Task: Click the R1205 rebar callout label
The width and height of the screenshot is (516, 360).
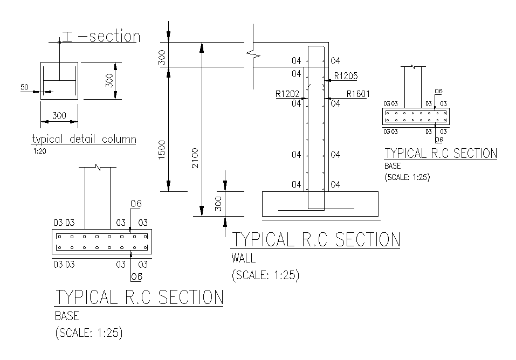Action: point(346,76)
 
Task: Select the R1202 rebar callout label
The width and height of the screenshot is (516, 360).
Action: point(287,94)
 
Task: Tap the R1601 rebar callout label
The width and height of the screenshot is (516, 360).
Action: point(358,94)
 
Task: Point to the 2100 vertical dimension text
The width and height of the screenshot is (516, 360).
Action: point(195,158)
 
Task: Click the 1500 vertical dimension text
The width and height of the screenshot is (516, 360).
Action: point(162,150)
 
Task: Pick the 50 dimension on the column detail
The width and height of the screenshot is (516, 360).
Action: point(24,87)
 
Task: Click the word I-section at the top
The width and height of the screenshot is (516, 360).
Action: point(101,36)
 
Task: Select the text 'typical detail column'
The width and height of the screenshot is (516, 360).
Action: point(84,139)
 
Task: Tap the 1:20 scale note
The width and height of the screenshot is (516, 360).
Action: point(39,151)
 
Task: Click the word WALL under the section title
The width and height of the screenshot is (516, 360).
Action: point(244,258)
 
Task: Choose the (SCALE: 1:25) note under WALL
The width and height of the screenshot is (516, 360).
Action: point(266,275)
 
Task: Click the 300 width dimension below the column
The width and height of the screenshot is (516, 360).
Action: point(59,116)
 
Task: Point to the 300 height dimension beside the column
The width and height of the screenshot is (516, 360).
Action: point(109,80)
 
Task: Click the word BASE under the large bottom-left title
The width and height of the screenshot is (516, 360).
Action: point(67,316)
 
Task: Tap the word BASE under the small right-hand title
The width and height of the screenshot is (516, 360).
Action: point(393,166)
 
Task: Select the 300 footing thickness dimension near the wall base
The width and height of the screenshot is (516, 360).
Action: point(218,204)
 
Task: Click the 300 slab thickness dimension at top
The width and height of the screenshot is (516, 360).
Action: point(162,58)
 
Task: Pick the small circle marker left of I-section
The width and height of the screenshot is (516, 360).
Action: point(59,43)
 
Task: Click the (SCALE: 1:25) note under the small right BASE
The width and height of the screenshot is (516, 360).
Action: point(408,177)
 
